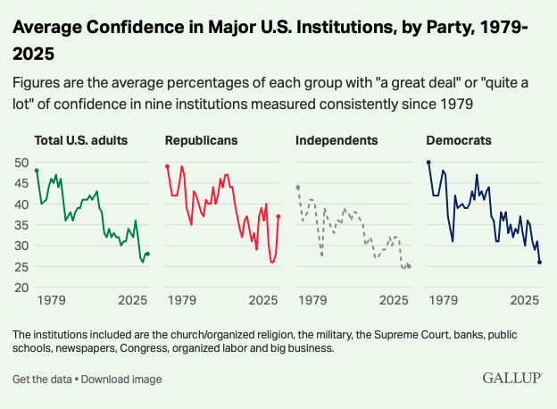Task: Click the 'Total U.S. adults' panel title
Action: pos(80,140)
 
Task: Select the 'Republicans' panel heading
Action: pos(201,140)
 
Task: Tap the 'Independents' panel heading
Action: pos(337,140)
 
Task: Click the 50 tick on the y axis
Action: pos(21,163)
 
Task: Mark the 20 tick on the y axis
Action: pos(21,288)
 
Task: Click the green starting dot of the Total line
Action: pos(37,171)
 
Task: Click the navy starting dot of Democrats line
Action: pos(428,163)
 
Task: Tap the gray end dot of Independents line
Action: pos(409,266)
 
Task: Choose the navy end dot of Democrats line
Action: pos(540,263)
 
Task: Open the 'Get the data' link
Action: pos(41,380)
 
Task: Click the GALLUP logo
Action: pos(512,378)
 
